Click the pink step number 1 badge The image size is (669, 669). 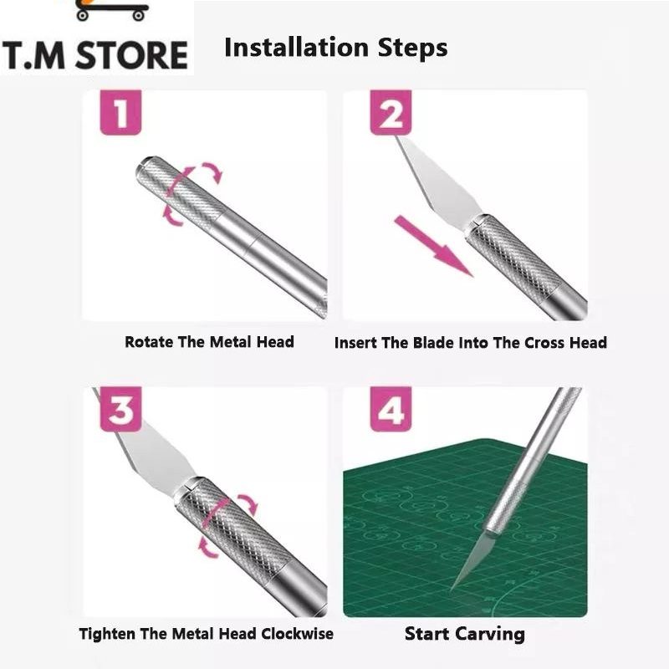[x=120, y=113]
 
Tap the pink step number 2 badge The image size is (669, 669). [x=391, y=113]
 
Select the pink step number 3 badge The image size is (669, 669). [x=120, y=410]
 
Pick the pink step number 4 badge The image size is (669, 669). [x=391, y=410]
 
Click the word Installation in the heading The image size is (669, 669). [x=296, y=47]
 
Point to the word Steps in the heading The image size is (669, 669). [x=412, y=49]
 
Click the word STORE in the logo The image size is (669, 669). [x=131, y=55]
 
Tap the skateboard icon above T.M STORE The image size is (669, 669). [x=112, y=10]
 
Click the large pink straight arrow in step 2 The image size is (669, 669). [x=433, y=246]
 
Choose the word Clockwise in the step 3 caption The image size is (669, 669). [x=297, y=634]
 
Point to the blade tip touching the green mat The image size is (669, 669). [x=451, y=590]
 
